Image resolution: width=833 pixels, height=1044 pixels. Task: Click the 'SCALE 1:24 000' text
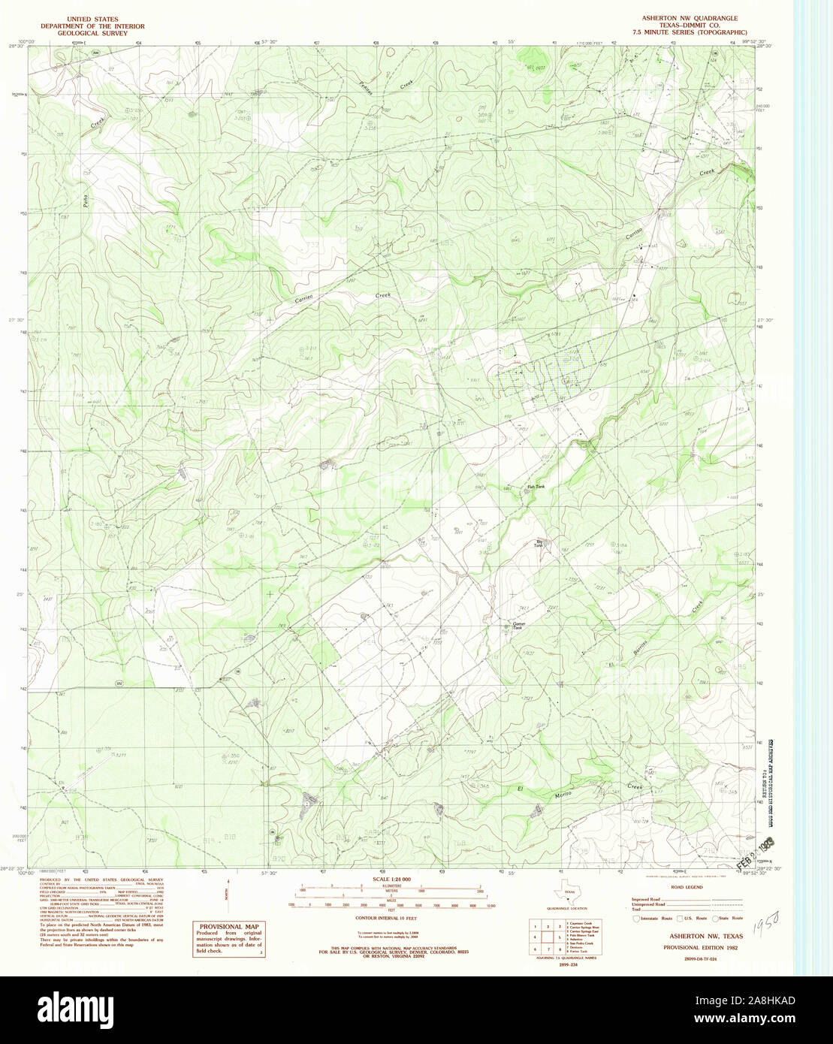[387, 879]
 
